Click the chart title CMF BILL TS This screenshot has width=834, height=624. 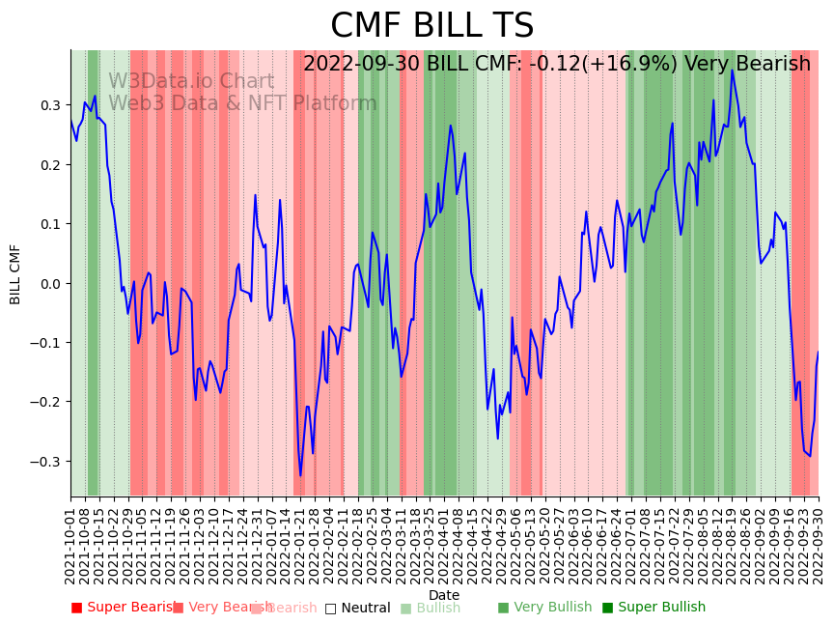coord(431,26)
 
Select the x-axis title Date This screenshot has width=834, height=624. coord(444,595)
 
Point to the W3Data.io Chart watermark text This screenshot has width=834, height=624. coord(191,82)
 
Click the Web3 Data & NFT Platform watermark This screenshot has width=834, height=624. coord(242,103)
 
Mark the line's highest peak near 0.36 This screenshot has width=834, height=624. coord(732,71)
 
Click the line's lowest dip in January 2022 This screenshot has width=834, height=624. coord(300,475)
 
